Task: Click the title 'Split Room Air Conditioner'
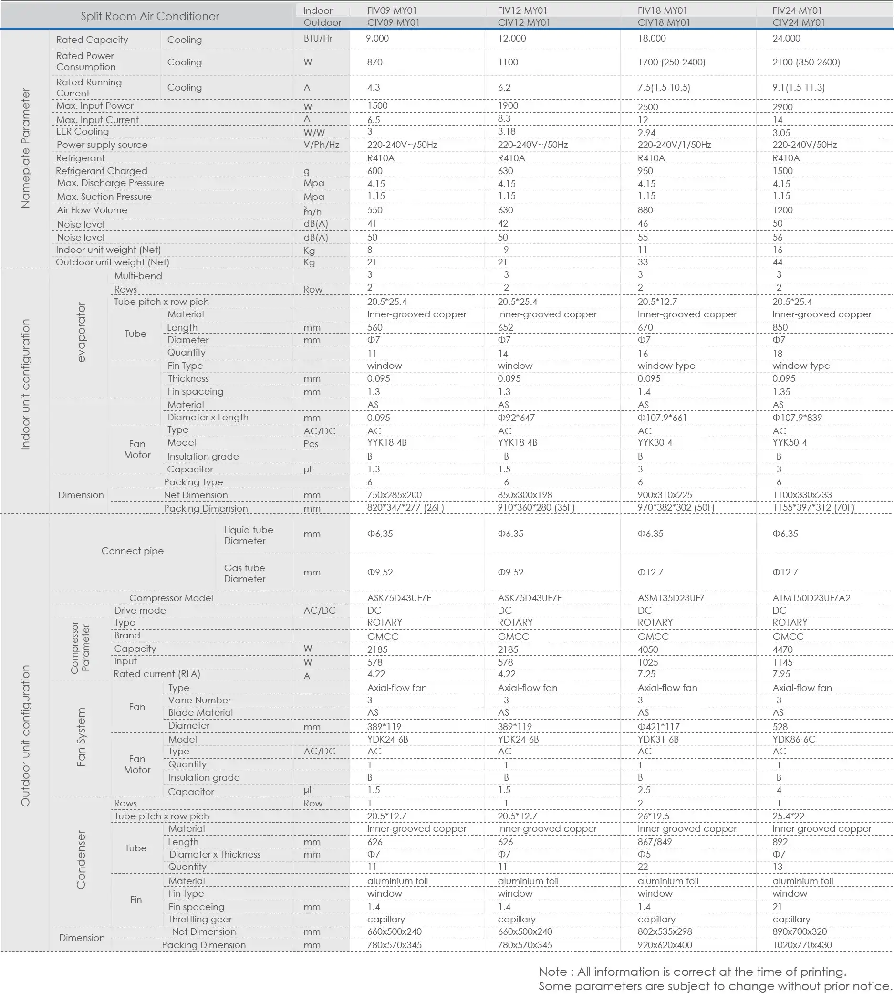150,16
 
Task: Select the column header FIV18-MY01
662,10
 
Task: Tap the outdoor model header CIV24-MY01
799,22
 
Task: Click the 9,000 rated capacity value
377,38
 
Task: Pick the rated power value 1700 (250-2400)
671,63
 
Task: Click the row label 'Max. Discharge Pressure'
110,183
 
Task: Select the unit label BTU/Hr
318,38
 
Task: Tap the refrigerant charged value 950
645,171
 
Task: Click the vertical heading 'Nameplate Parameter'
26,148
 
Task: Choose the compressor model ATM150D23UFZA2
811,598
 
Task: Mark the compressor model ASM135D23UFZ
671,598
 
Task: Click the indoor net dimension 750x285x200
394,495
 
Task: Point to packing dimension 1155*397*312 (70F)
813,508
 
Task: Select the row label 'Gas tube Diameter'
244,574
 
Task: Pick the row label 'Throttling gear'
199,919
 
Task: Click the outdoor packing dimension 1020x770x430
801,945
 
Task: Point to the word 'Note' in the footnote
552,972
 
